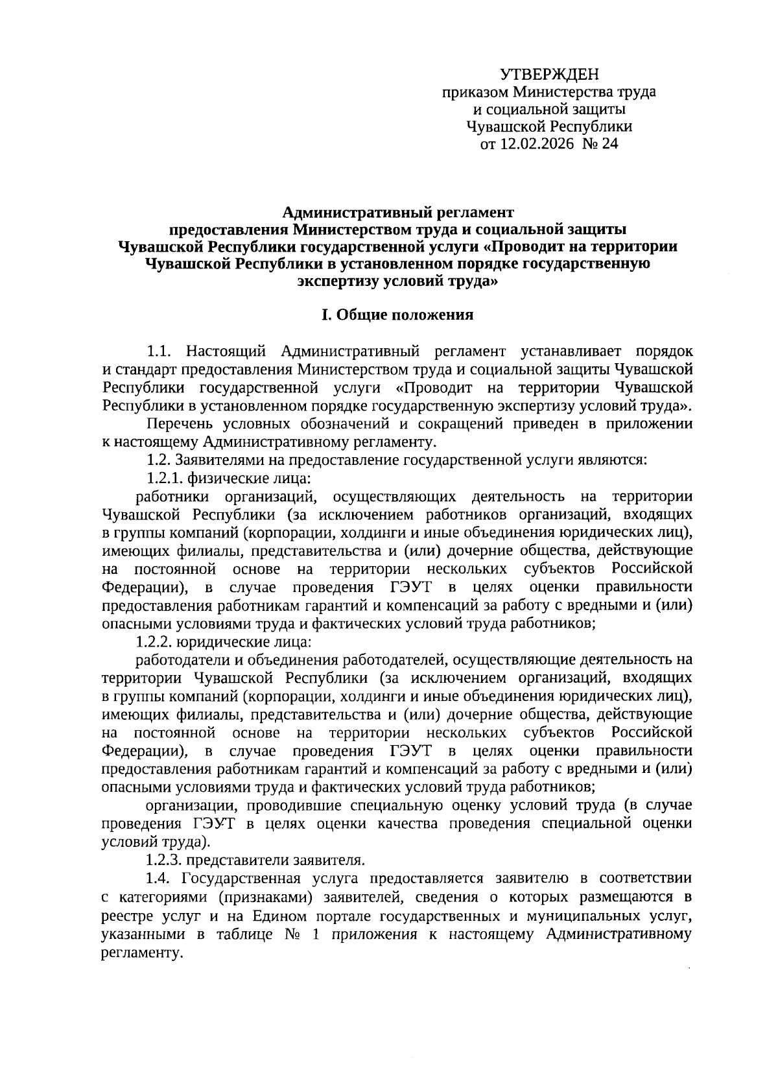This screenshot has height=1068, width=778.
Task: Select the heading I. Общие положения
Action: [x=397, y=315]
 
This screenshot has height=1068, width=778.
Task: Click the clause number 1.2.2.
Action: [x=154, y=642]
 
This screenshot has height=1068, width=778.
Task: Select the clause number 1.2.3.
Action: [x=164, y=860]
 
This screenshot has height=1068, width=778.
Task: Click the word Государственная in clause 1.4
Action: [x=241, y=878]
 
